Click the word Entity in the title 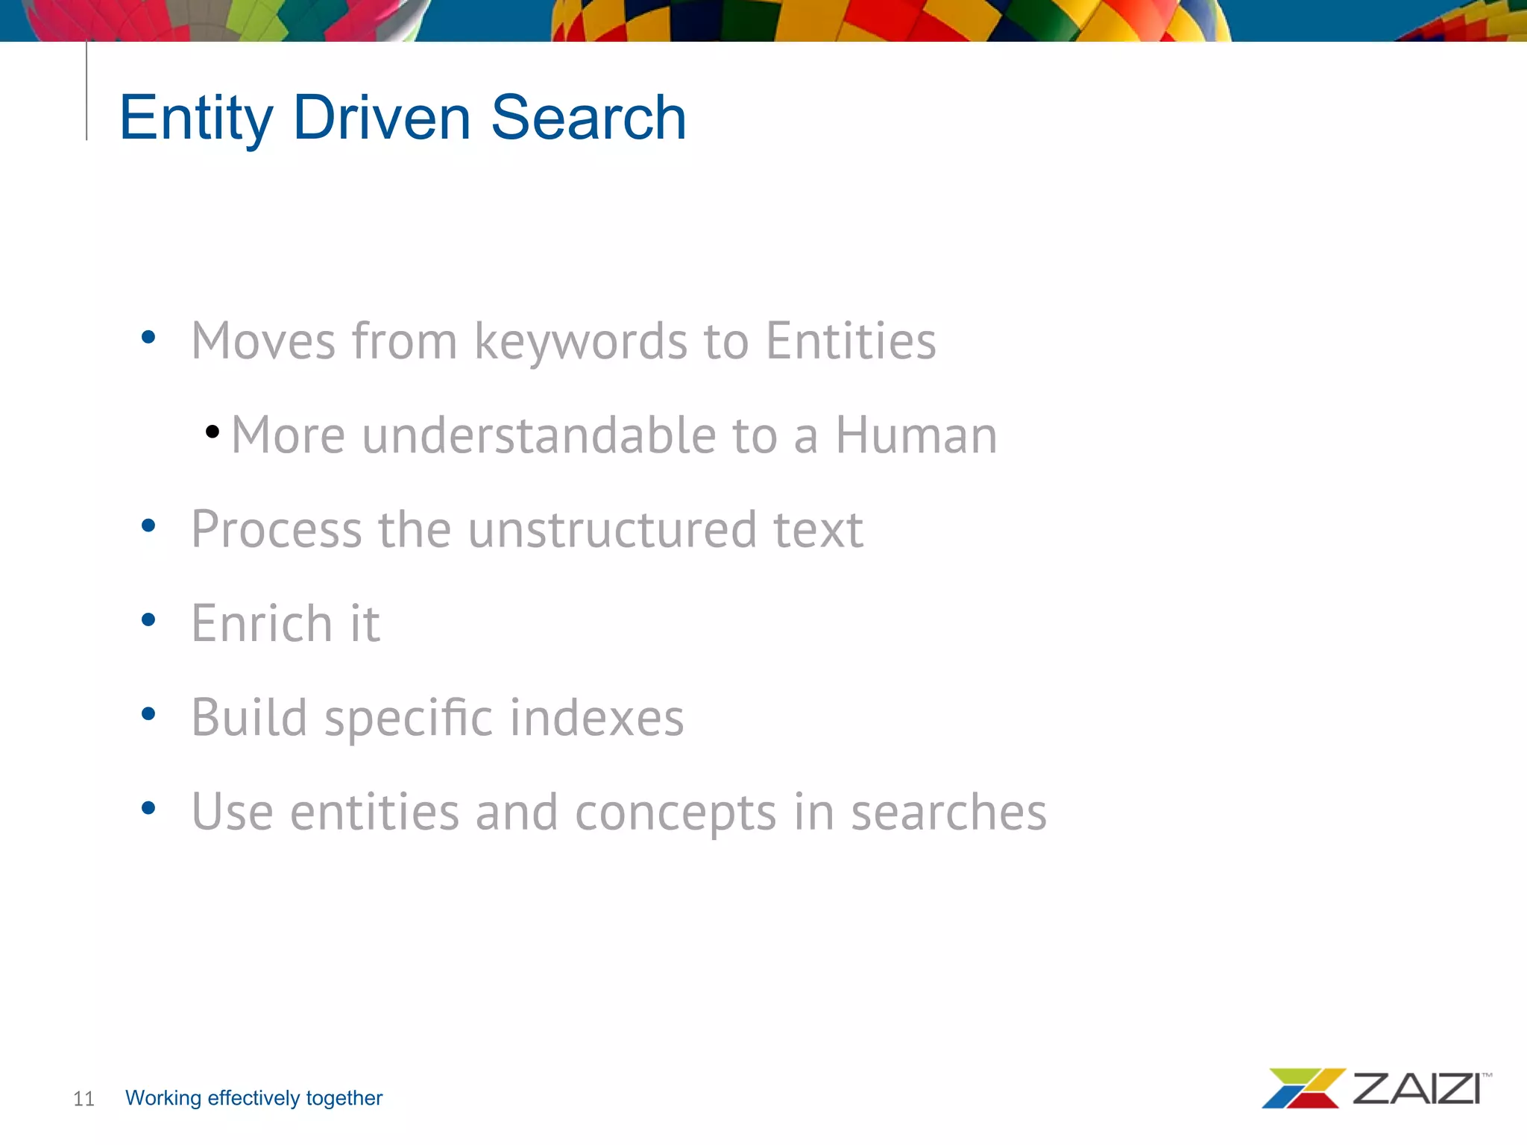(195, 118)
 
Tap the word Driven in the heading (382, 118)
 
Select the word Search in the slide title (588, 118)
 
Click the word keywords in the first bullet (580, 341)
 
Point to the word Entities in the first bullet (851, 341)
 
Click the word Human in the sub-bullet (916, 435)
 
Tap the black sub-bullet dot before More (212, 432)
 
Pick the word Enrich (262, 624)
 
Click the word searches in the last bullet (948, 813)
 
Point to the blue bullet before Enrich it (148, 619)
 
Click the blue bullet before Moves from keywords (148, 337)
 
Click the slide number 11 (84, 1099)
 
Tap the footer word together (344, 1098)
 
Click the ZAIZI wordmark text (1416, 1089)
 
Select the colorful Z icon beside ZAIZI (1302, 1088)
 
